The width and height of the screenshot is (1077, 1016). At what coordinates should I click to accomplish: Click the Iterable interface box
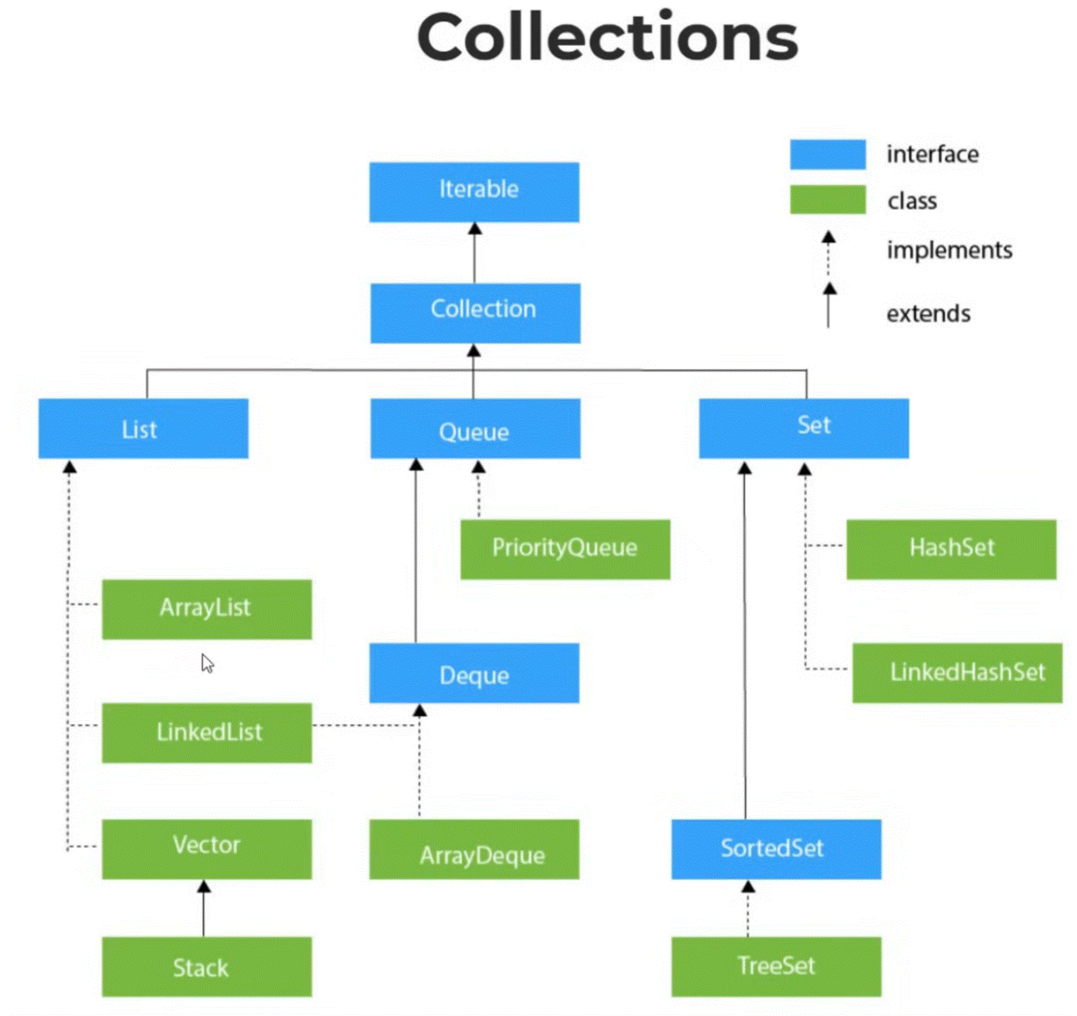coord(474,192)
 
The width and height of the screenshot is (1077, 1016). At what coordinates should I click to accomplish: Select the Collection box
coord(475,313)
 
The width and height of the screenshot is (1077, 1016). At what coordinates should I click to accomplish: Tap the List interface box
coord(143,428)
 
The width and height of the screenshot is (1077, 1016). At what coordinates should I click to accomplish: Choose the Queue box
coord(475,428)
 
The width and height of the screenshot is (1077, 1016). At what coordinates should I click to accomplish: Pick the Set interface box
coord(804,428)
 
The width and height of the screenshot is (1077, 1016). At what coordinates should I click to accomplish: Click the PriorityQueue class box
coord(565,549)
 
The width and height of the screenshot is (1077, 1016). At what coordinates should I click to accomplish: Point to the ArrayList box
coord(207,609)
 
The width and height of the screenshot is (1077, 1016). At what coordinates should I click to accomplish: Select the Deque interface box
coord(474,673)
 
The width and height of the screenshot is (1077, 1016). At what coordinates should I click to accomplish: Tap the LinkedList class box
coord(207,733)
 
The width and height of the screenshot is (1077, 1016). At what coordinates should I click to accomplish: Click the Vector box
coord(207,848)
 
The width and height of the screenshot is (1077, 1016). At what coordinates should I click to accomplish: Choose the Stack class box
coord(207,967)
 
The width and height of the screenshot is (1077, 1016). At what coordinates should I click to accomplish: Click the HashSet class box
coord(951,549)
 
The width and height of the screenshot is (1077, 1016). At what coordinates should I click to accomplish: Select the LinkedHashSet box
coord(957,673)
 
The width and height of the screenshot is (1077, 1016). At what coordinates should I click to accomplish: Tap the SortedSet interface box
coord(776,848)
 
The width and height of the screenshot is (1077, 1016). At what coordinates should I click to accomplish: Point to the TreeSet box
coord(776,967)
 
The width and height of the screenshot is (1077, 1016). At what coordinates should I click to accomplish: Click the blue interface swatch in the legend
coord(827,154)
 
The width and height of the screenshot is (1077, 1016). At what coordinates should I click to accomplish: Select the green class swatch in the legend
coord(827,200)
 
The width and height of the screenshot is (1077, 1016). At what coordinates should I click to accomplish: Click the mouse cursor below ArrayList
coord(207,663)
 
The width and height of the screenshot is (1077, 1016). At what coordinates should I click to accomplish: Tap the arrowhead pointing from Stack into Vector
coord(204,887)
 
